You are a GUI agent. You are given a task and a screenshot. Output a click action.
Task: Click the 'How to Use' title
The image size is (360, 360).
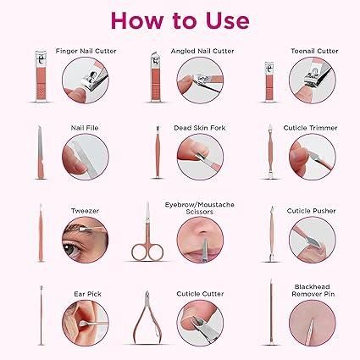click(180, 20)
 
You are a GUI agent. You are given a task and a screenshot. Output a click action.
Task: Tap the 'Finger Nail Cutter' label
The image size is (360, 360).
click(86, 51)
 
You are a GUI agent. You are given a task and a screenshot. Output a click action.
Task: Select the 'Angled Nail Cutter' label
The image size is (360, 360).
click(202, 51)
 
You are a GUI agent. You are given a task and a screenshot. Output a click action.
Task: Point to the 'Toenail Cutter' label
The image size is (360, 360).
click(314, 51)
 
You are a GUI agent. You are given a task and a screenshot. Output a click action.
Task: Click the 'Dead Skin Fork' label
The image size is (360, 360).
click(200, 128)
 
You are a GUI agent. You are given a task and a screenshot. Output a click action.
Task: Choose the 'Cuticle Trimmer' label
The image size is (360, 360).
click(310, 128)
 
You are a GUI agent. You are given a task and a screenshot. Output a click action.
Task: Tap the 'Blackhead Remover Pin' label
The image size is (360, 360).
click(313, 291)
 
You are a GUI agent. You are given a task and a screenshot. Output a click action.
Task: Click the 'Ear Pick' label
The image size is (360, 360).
click(87, 294)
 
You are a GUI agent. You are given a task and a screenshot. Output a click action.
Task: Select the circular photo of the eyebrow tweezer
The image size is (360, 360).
click(85, 240)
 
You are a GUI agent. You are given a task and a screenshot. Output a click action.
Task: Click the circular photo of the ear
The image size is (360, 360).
click(85, 323)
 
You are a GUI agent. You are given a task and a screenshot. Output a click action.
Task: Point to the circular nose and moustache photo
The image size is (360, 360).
click(200, 240)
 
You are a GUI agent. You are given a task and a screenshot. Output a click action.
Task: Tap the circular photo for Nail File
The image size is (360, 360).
click(86, 157)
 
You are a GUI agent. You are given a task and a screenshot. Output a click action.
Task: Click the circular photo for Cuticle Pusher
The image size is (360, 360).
click(313, 240)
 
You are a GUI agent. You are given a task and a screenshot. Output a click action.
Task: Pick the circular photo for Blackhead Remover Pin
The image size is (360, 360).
click(313, 323)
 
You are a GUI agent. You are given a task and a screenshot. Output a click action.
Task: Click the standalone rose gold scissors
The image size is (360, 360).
click(147, 231)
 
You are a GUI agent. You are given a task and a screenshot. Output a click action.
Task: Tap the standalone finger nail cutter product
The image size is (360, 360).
click(42, 76)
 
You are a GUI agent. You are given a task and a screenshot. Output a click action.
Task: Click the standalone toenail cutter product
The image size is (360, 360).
click(270, 81)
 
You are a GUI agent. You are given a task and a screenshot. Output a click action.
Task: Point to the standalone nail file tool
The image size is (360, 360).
click(41, 152)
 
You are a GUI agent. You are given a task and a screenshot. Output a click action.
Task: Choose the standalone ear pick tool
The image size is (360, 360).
click(42, 315)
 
